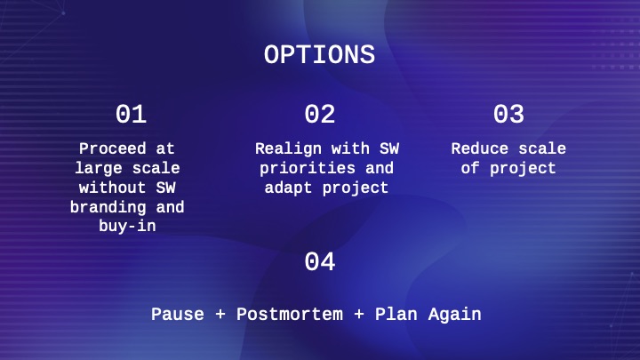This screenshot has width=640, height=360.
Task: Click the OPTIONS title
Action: [319, 55]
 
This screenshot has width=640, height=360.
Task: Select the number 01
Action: [131, 114]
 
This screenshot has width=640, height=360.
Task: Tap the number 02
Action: [320, 114]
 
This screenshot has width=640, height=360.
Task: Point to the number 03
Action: [508, 114]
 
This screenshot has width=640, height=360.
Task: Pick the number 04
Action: [320, 261]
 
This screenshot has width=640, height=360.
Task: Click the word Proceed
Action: [112, 148]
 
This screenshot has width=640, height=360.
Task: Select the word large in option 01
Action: [99, 168]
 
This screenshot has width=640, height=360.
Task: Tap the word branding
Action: [108, 207]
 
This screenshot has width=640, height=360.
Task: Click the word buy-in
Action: [127, 226]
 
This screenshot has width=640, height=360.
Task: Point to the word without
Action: [112, 188]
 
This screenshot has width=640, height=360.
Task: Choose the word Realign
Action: [289, 149]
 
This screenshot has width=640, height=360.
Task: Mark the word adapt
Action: [288, 188]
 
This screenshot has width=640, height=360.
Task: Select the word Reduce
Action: [480, 148]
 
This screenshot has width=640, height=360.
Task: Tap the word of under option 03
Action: [470, 168]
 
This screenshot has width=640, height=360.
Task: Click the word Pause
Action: [178, 314]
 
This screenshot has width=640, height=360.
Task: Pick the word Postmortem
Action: [290, 314]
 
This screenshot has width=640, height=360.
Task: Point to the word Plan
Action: [396, 314]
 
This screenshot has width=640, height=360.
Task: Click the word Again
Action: [455, 315]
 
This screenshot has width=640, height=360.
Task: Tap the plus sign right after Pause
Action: [220, 314]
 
